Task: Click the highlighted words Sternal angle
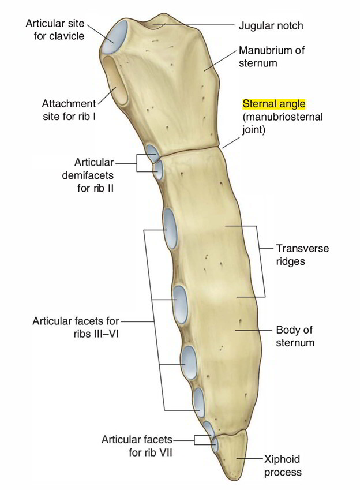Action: [273, 104]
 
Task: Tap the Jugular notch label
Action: [271, 25]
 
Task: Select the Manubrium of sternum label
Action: [271, 57]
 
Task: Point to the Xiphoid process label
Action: [283, 466]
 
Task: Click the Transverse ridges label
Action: [302, 255]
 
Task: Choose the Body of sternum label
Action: [295, 336]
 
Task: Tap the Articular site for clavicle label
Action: [55, 29]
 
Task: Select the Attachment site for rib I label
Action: [69, 110]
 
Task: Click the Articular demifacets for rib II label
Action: [88, 175]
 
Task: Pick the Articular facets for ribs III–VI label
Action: [76, 327]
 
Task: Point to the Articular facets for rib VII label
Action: [137, 446]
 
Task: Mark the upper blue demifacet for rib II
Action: [152, 152]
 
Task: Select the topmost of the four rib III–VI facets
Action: [170, 229]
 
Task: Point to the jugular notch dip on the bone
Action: [159, 24]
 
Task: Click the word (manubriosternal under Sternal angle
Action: [283, 117]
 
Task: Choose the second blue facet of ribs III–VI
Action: [181, 304]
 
